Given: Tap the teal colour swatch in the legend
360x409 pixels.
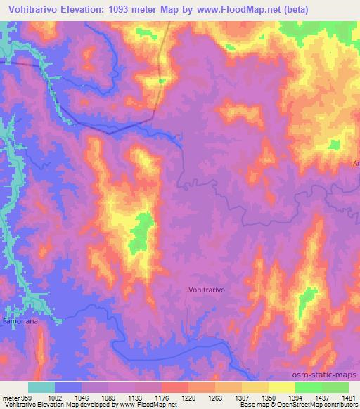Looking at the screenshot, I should [x=41, y=387].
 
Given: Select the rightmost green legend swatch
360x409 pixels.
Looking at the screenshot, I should [x=335, y=387].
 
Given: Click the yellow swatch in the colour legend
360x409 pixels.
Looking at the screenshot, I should [x=282, y=387].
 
